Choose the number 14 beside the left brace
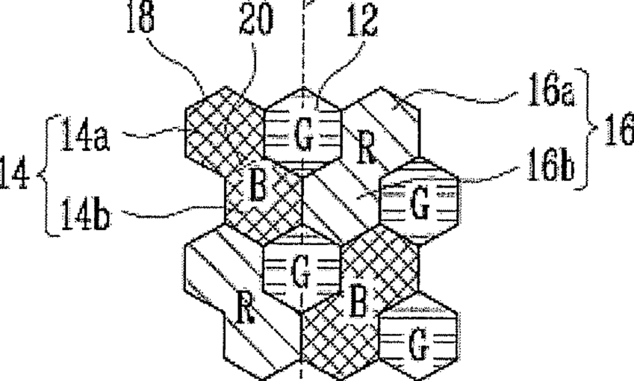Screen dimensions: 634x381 16,179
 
